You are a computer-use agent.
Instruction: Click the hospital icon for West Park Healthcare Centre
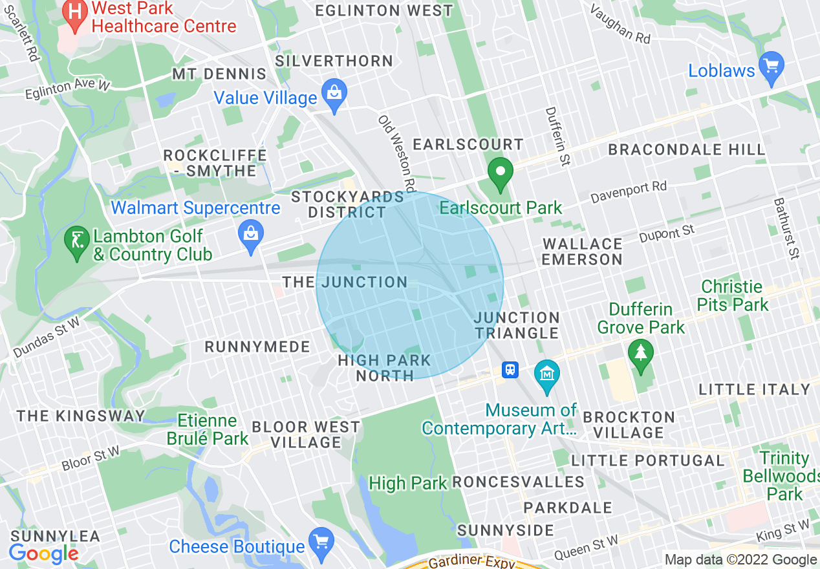pos(76,14)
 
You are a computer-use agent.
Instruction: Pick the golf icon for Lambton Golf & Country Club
pos(77,243)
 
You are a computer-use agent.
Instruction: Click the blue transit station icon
pos(511,370)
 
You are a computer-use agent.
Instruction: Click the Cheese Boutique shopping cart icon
pos(321,542)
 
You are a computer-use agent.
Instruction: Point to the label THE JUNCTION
pos(345,283)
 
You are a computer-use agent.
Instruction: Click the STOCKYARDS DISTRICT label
pos(347,204)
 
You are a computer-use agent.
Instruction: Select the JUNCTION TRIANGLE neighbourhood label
pos(517,325)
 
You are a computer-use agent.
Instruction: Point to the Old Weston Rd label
pos(396,155)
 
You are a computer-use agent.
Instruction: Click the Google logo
pos(43,553)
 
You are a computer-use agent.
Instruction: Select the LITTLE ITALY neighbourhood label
pos(754,389)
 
